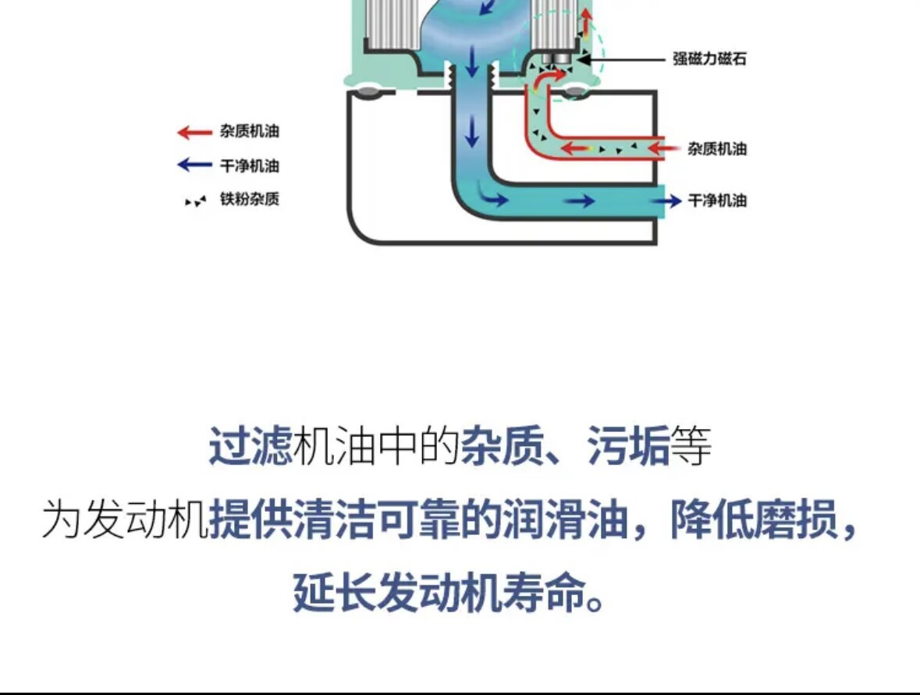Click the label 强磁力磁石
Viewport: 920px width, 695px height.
coord(709,59)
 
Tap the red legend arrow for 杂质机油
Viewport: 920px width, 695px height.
coord(194,132)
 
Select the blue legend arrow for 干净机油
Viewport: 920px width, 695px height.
coord(194,165)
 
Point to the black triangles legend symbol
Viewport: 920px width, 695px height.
coord(195,201)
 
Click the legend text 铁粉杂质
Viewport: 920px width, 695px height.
coord(250,200)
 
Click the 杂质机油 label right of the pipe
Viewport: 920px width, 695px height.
coord(717,149)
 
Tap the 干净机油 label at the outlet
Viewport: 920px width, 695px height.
coord(717,201)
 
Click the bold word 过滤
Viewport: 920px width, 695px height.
coord(250,446)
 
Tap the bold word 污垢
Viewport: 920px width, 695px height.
coord(628,446)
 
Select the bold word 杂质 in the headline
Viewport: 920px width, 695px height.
coord(503,446)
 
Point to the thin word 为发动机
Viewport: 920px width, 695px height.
coord(125,519)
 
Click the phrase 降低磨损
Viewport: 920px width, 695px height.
coord(754,519)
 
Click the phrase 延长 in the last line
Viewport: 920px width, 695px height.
coord(335,592)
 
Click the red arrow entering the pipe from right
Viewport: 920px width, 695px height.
coord(663,148)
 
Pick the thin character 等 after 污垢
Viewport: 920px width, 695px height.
coord(691,446)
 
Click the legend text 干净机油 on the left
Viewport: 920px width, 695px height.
coord(250,166)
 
